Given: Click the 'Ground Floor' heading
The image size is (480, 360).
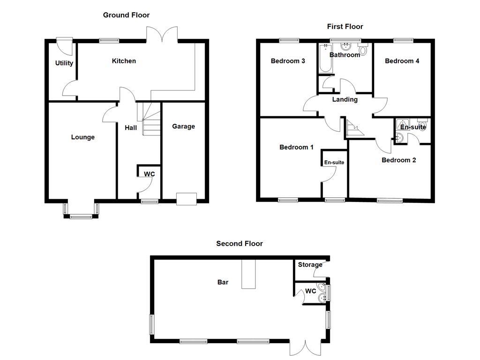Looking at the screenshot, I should point(126,15).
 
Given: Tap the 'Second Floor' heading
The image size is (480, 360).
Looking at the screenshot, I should point(239,243).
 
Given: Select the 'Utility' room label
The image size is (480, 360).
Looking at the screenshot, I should point(64,63).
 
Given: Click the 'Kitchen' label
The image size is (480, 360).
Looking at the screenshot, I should point(124,61).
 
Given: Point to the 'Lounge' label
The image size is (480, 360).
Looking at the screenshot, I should point(82,137).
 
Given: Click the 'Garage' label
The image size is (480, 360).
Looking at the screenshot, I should point(183,126).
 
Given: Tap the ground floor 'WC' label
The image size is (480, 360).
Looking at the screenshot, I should point(149,174).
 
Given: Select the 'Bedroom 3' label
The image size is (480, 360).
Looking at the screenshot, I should point(288,61).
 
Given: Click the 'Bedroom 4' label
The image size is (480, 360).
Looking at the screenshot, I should point(402,61).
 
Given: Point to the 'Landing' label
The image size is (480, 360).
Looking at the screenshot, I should point(345,99).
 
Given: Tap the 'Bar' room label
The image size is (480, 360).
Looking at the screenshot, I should point(223,282).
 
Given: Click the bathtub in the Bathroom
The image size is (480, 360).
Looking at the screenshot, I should point(325,59).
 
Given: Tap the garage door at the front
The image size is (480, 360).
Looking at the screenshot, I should point(186,199).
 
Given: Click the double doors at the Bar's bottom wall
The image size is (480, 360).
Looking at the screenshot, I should point(304,347).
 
